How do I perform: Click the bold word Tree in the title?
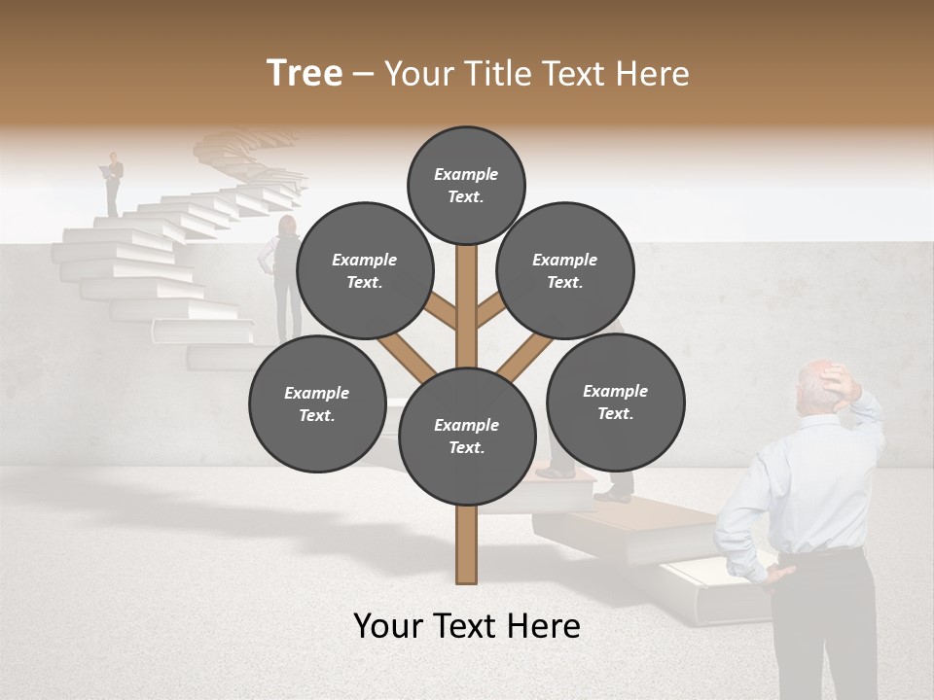coord(305,74)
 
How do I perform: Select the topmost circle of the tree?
coord(466,185)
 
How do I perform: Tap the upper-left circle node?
coord(364,270)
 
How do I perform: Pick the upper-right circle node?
coord(564,270)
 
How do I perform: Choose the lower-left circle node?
coord(316,403)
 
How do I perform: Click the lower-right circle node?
coord(615,402)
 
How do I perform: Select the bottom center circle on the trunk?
coord(467,436)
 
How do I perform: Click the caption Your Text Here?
coord(467,626)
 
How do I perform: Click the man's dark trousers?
coord(822,622)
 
